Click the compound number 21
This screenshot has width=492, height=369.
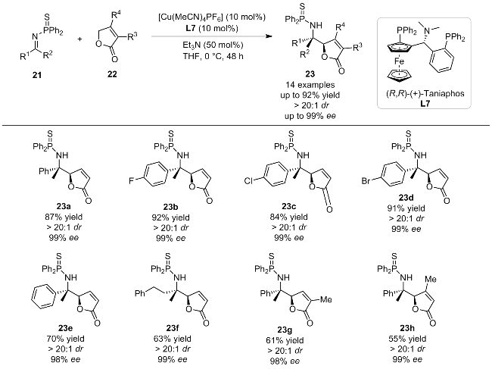tap(37, 75)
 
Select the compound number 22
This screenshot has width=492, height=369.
tap(112, 73)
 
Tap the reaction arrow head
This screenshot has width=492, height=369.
tap(268, 36)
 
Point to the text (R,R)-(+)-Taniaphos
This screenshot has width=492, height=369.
tap(425, 93)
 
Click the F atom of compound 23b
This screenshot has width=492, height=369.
tap(132, 180)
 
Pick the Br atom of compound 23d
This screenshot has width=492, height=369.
tap(366, 181)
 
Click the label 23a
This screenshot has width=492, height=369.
tap(64, 207)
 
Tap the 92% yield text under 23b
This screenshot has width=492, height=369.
tap(171, 217)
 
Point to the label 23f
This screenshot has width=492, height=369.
tap(173, 328)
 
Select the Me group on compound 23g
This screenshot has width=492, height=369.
tap(326, 300)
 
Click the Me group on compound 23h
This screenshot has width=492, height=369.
tap(431, 279)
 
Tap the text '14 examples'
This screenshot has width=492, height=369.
tap(310, 85)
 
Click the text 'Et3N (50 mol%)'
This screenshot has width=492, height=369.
tap(213, 45)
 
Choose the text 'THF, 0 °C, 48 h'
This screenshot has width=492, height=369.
tap(213, 56)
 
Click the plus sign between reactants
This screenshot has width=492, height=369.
tap(80, 39)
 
